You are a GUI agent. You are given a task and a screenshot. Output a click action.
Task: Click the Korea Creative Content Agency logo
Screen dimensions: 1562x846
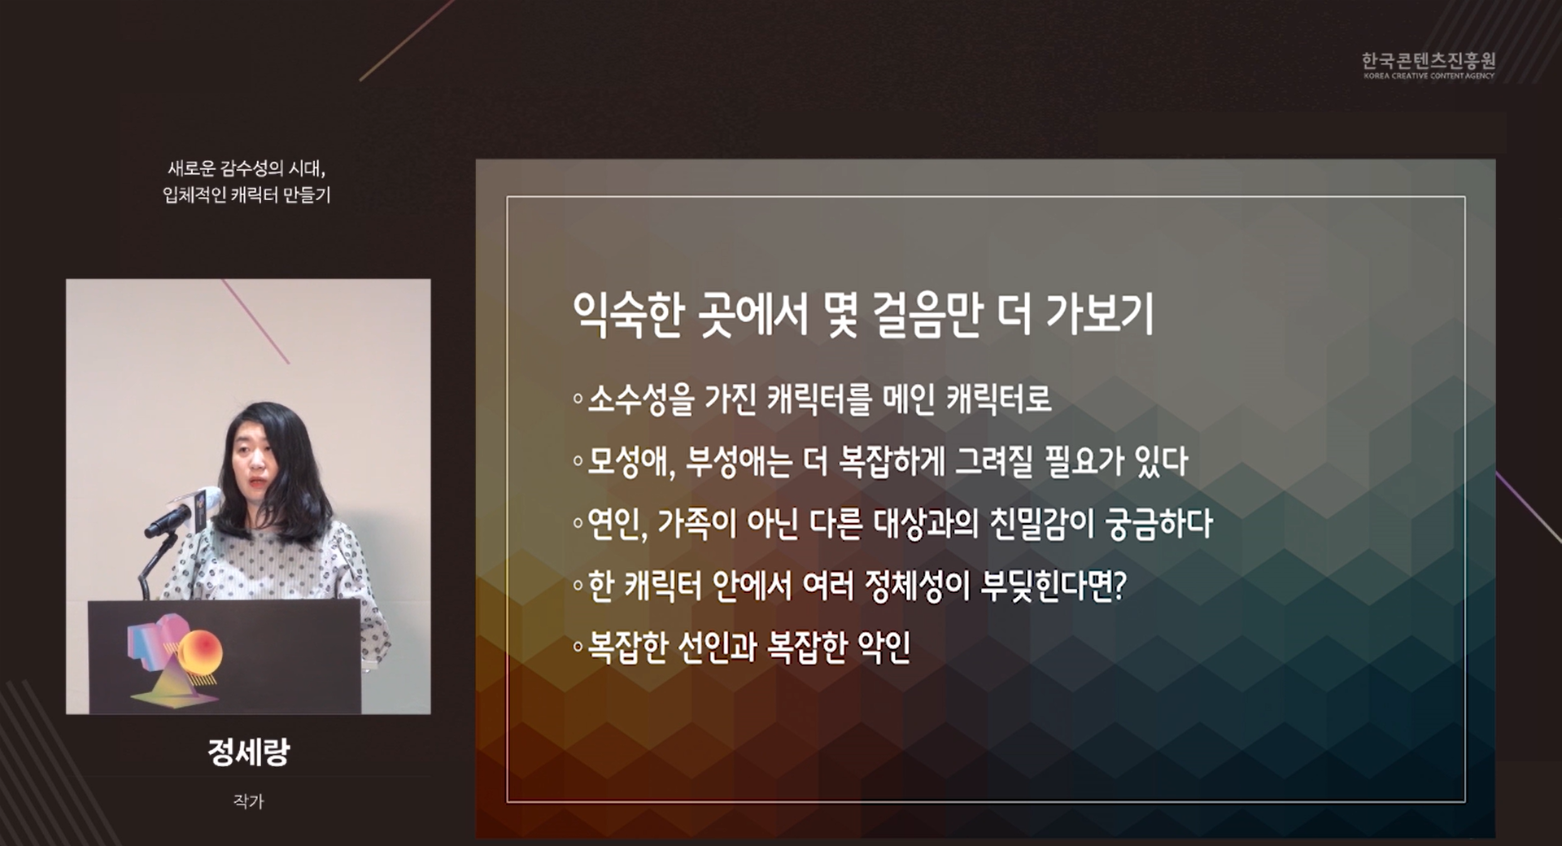tap(1429, 65)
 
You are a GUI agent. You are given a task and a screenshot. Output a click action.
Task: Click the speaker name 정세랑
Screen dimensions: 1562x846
tap(248, 752)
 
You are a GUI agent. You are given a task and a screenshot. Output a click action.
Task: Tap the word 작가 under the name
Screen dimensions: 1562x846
tap(248, 801)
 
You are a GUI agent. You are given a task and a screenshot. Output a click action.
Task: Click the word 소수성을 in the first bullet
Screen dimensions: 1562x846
tap(641, 399)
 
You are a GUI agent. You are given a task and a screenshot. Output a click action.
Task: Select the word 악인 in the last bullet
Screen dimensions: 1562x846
tap(884, 647)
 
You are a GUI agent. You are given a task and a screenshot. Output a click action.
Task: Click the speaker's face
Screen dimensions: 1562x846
tap(253, 460)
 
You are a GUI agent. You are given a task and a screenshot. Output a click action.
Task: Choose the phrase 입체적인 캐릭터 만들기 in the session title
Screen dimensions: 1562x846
tap(247, 195)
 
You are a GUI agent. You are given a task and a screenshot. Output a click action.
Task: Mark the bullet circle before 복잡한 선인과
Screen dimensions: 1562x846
tap(578, 648)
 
